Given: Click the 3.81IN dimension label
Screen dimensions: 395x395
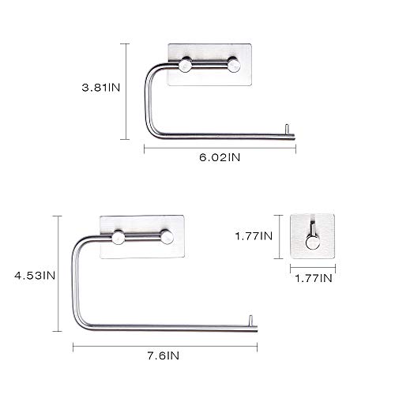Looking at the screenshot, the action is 101,88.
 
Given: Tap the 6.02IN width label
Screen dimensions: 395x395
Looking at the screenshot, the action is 220,157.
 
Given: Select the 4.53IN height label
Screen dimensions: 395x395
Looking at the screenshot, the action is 35,276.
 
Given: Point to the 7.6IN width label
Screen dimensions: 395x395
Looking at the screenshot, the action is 164,355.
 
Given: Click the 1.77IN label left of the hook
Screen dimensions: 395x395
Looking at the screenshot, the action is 254,236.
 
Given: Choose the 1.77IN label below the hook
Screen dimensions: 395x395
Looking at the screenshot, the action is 314,278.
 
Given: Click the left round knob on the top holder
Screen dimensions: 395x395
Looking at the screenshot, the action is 186,65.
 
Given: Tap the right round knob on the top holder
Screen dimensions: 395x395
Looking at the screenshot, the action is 234,64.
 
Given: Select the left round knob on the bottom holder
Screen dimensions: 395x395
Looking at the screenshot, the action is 118,237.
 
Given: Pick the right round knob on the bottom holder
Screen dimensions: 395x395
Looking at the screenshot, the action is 167,237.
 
